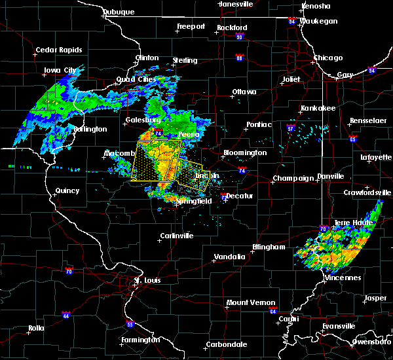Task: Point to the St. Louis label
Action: click(x=147, y=281)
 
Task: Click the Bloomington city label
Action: click(x=245, y=153)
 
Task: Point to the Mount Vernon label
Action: click(x=247, y=302)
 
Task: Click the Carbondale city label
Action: click(x=227, y=344)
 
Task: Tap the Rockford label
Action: click(x=232, y=27)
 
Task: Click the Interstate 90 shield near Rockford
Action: click(x=240, y=37)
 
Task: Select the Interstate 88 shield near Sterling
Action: click(x=239, y=58)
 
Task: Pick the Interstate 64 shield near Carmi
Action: click(x=272, y=311)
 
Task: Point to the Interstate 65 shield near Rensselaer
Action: click(x=353, y=139)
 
